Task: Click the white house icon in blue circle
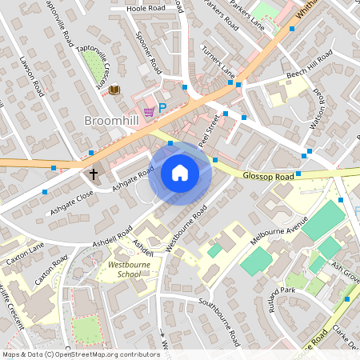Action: pyautogui.click(x=180, y=173)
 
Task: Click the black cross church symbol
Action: pyautogui.click(x=94, y=174)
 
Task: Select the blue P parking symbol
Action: pyautogui.click(x=162, y=108)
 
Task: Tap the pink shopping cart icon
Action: pyautogui.click(x=148, y=110)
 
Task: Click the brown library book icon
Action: pyautogui.click(x=114, y=90)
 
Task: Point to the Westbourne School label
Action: pyautogui.click(x=118, y=268)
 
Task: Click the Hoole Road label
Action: pyautogui.click(x=146, y=9)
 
